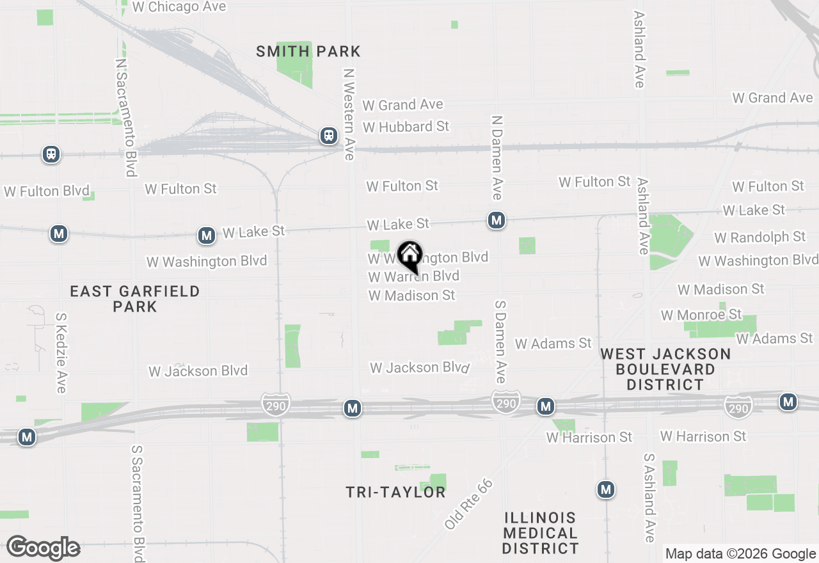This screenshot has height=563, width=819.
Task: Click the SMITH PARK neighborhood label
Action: (308, 51)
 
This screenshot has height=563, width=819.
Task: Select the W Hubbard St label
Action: (406, 127)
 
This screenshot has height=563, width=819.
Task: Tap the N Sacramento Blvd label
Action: (125, 118)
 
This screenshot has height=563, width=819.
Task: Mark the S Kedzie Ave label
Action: (61, 353)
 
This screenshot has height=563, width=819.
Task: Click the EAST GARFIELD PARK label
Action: (135, 299)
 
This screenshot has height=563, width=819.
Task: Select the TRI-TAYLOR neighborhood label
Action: (395, 492)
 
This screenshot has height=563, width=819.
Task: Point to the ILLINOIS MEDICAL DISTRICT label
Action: (541, 532)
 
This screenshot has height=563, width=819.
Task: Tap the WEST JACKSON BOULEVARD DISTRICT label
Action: (665, 369)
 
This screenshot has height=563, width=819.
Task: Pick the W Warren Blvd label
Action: (413, 276)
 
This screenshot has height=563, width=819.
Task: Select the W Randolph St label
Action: (759, 237)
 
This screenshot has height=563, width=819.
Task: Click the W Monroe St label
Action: (701, 315)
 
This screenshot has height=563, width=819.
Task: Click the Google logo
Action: (43, 548)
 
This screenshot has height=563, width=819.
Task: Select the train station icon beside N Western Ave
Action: (329, 136)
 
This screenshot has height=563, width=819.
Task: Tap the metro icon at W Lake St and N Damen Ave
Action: (496, 221)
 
